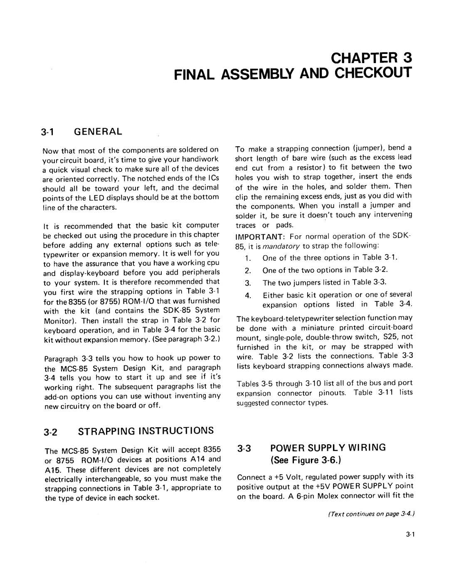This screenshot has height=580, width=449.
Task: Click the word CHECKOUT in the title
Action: point(373,73)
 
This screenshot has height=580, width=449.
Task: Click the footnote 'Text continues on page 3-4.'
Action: point(373,514)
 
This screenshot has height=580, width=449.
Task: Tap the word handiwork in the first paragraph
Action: point(202,159)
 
